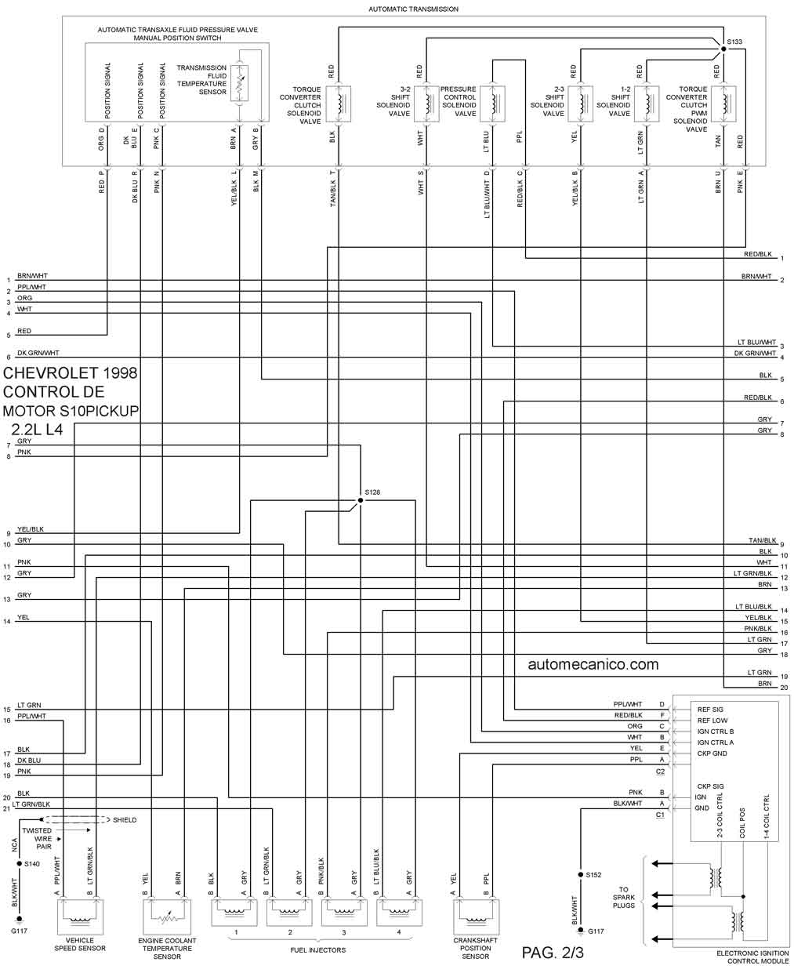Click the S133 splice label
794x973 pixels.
click(734, 41)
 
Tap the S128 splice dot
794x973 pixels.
click(360, 500)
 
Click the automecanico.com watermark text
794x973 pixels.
click(593, 664)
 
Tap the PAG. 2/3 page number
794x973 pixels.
click(553, 953)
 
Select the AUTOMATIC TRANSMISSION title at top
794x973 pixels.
click(413, 9)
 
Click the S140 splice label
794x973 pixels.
click(31, 863)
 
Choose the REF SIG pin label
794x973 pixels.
click(710, 710)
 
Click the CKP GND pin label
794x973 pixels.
click(712, 753)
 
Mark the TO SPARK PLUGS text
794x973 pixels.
click(624, 898)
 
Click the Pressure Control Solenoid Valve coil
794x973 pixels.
click(492, 103)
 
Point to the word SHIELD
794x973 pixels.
click(125, 819)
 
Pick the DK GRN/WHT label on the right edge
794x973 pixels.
click(754, 353)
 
